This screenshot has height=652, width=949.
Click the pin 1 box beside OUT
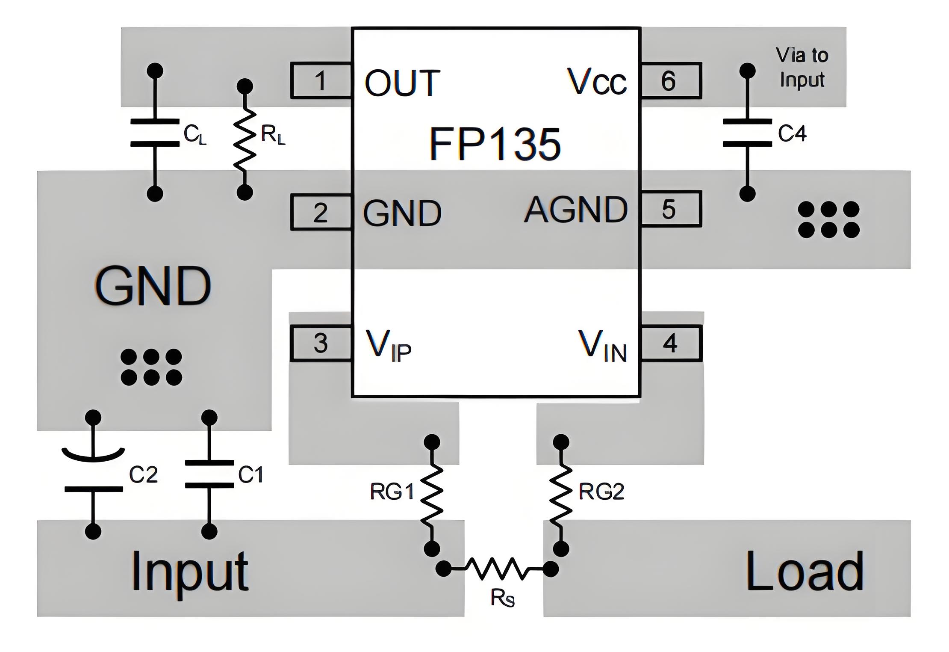tap(321, 81)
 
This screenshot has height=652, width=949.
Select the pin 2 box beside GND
tap(321, 212)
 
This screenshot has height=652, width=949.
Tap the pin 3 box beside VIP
tap(321, 343)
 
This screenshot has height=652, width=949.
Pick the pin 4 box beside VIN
tap(670, 343)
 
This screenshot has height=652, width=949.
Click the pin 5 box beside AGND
tap(670, 209)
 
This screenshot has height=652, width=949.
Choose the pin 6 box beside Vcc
tap(670, 81)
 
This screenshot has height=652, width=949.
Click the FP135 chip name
tap(495, 144)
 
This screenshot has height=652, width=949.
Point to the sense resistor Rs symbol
tap(497, 569)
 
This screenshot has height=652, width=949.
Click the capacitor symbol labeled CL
tap(155, 133)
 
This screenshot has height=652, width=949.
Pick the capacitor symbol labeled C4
tap(747, 133)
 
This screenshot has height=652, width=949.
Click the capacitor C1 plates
tap(209, 474)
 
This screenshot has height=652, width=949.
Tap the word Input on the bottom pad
tap(189, 572)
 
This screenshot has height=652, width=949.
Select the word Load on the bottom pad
tap(805, 572)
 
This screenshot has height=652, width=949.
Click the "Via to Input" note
tap(802, 68)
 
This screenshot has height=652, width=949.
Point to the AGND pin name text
tap(575, 210)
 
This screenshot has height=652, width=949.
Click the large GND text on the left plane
tap(153, 285)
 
